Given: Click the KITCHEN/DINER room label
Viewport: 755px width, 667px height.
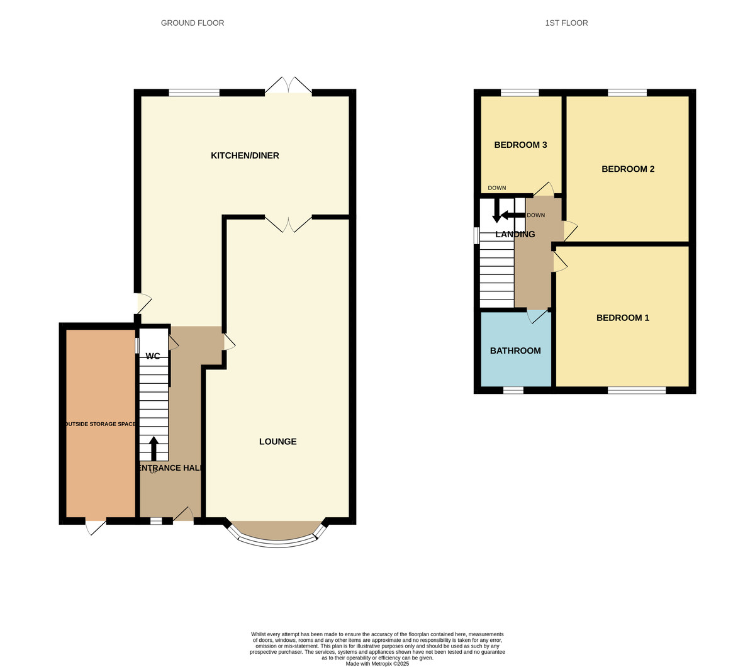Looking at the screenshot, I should click(x=245, y=155).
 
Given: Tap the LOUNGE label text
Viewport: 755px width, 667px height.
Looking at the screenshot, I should click(x=277, y=442).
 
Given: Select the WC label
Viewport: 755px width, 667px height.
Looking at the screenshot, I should click(x=152, y=356).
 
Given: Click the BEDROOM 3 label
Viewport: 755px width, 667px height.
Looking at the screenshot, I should click(x=520, y=145).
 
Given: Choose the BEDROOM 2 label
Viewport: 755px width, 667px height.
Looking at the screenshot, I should click(x=628, y=169).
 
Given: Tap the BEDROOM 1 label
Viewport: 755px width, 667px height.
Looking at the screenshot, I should click(x=622, y=318).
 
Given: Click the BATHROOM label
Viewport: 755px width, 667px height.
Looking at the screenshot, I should click(x=515, y=350).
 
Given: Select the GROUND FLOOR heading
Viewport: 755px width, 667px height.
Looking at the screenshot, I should click(x=193, y=23).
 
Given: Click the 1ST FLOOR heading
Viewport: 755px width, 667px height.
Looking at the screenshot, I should click(x=566, y=23).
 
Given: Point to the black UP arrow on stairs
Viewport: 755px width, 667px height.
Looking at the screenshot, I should click(x=154, y=448).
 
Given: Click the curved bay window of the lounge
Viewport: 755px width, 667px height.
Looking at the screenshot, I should click(x=277, y=541).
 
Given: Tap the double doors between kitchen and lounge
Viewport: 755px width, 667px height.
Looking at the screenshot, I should click(x=288, y=223).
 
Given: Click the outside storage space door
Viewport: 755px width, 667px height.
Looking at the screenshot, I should click(x=95, y=527).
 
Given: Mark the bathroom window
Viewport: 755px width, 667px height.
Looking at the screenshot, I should click(x=513, y=390).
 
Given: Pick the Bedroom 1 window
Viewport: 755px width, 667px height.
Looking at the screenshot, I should click(x=637, y=390).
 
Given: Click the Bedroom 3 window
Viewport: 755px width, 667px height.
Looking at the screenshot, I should click(x=520, y=93).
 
